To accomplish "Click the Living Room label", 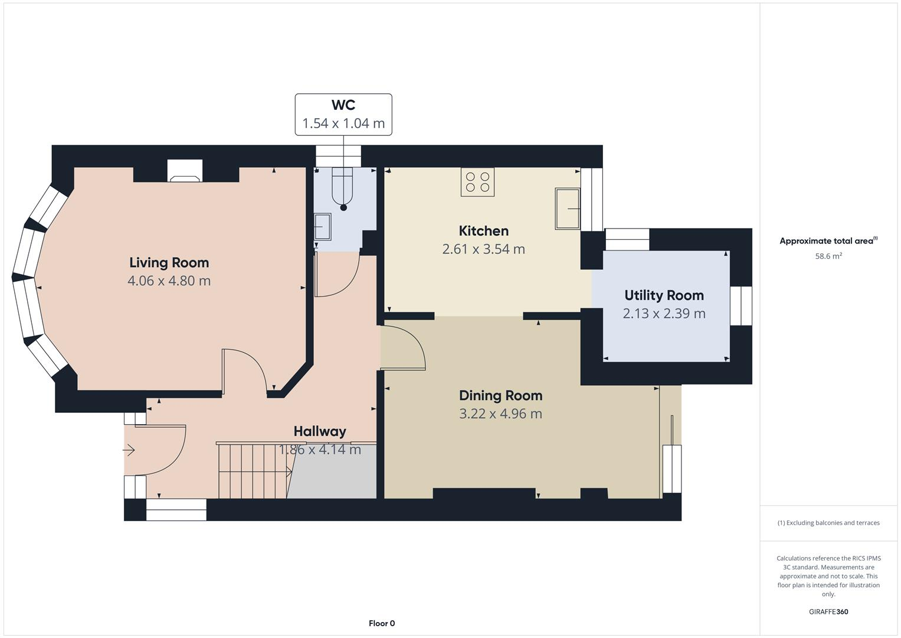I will pos(169,262).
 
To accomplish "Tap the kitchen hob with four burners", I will pos(477,182).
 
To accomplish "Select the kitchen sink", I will pos(567,209).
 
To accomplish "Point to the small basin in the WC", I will pos(322,226).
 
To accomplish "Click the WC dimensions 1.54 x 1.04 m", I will pos(343,123).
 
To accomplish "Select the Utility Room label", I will pos(664,295).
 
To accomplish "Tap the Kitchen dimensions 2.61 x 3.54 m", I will pos(483,249).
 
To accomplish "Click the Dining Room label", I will pos(500,395).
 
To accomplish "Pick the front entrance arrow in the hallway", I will pos(129,451).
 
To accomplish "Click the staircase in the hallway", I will pos(253,471).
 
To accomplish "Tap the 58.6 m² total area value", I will pos(828,256).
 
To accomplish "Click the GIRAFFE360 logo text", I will pos(828,611).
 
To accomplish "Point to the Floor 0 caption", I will pos(382,623).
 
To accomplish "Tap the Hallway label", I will pos(320,431).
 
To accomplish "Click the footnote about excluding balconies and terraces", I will pos(828,523).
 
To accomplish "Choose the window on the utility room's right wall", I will pos(741,306).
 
